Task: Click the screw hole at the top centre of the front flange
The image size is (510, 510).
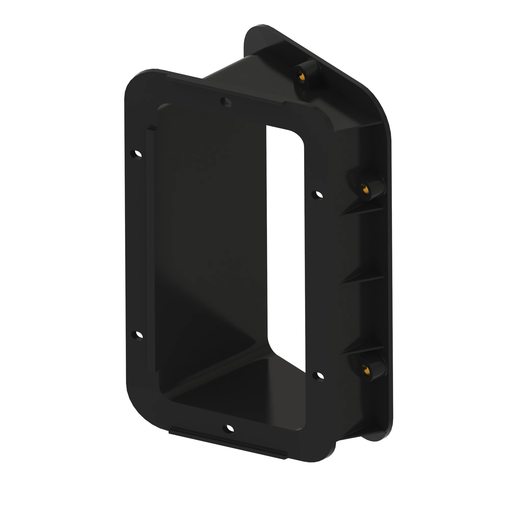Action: click(x=226, y=102)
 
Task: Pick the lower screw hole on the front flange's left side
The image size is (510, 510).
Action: click(x=137, y=336)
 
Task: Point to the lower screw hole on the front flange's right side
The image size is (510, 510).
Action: click(x=318, y=376)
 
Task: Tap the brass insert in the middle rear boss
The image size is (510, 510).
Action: click(x=365, y=189)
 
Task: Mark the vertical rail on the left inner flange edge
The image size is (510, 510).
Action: click(x=151, y=248)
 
